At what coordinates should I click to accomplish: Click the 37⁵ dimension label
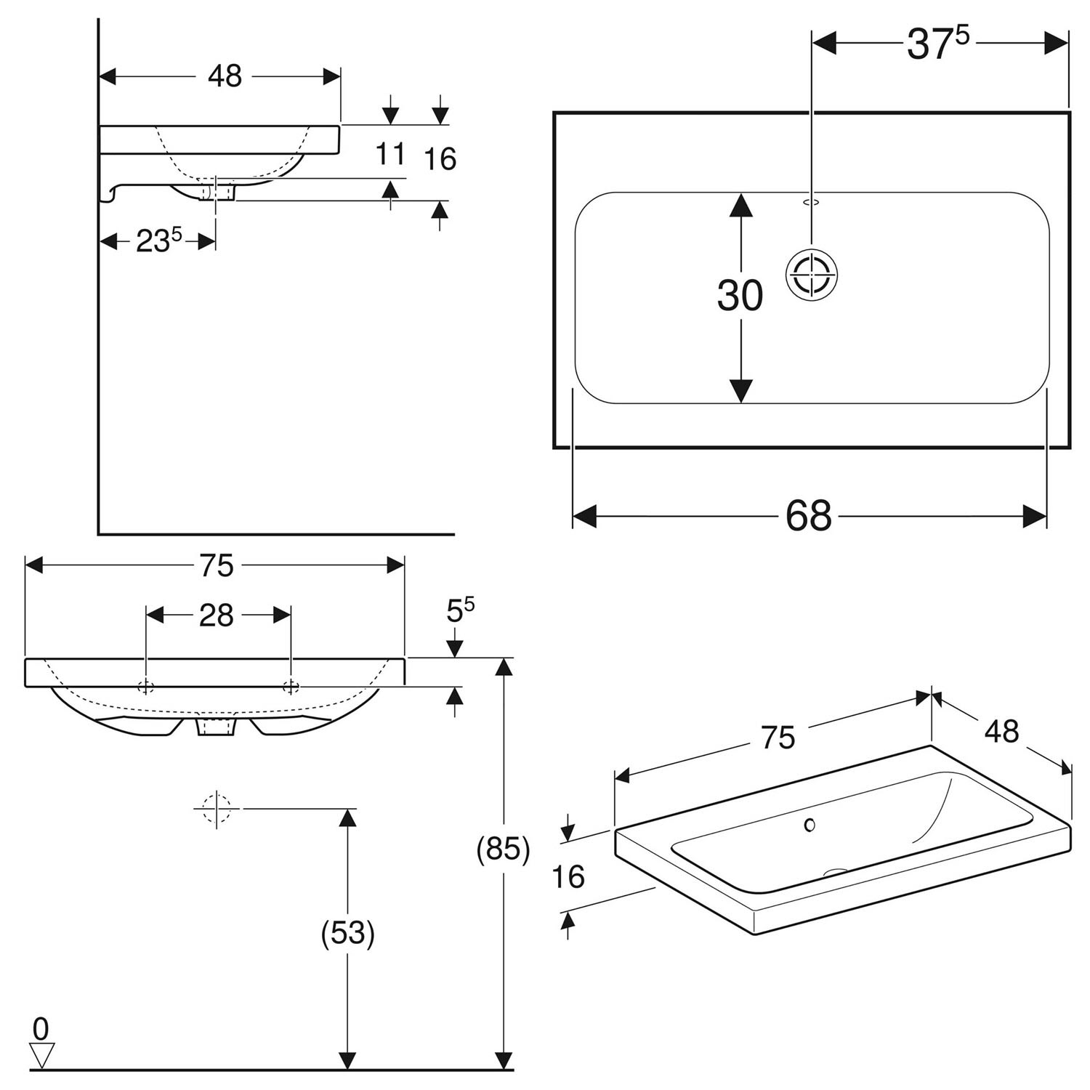[937, 44]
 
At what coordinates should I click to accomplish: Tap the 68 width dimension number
[808, 516]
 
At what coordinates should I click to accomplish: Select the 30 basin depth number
[740, 296]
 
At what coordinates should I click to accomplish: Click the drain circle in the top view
[812, 275]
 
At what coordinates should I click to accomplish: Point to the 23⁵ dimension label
[158, 241]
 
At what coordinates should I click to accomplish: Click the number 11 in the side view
[390, 154]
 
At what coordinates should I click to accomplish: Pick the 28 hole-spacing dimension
[217, 615]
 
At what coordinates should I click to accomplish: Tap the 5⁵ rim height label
[460, 610]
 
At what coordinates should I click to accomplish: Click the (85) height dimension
[503, 849]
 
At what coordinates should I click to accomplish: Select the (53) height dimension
[348, 934]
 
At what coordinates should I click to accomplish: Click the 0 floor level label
[41, 1029]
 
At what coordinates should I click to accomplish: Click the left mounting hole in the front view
[146, 687]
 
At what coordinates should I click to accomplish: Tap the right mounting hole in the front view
[291, 687]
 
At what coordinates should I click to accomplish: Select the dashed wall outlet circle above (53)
[217, 807]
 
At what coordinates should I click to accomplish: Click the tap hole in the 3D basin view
[810, 825]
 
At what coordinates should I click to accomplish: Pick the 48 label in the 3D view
[1001, 732]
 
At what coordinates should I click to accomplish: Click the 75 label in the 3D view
[778, 738]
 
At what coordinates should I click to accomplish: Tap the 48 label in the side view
[225, 76]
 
